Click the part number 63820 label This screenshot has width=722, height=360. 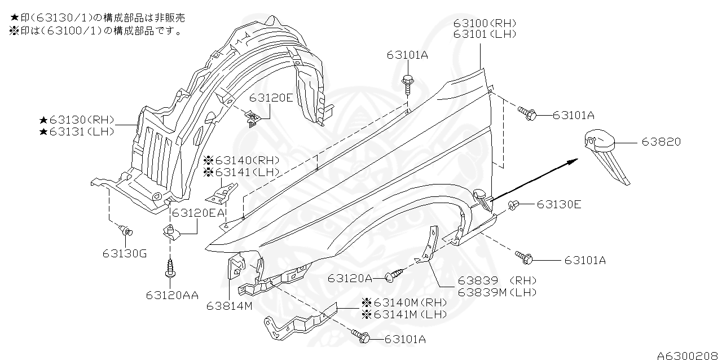661,142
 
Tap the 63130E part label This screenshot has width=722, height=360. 558,204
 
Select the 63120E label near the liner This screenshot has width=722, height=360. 271,98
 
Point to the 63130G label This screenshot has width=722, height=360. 125,253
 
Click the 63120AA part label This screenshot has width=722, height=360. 172,295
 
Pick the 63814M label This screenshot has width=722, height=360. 229,306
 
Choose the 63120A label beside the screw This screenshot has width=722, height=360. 350,278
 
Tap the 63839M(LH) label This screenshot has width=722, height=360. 496,292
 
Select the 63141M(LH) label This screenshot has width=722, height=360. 404,314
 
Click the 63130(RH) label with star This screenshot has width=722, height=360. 77,120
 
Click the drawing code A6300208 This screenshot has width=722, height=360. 688,355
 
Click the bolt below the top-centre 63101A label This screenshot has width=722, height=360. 407,82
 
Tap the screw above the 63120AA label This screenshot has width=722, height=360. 169,267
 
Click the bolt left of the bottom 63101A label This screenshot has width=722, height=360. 361,337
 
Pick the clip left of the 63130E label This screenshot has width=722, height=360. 514,205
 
